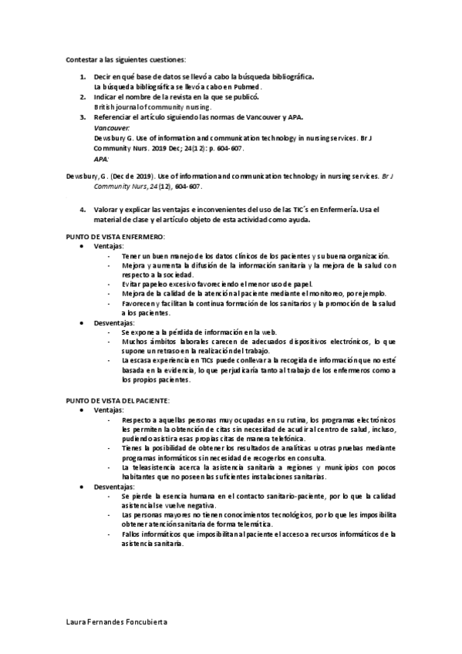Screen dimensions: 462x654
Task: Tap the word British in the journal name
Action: click(105, 107)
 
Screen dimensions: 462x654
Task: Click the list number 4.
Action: click(83, 209)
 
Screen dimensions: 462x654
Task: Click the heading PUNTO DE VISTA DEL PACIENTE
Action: click(118, 402)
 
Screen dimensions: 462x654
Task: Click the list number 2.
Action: click(83, 97)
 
